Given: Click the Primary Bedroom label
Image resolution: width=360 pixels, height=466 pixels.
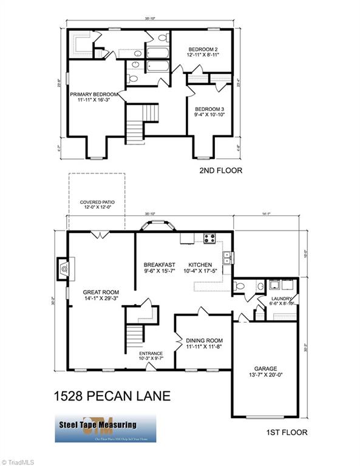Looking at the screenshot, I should click(93, 95).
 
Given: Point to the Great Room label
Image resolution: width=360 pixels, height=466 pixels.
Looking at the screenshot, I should click(101, 292).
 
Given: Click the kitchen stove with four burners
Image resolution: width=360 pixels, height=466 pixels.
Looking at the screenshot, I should click(209, 238).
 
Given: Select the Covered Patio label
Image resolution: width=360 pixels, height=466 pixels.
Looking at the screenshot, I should click(97, 203).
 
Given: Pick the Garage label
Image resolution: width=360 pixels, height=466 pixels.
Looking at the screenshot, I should click(265, 368).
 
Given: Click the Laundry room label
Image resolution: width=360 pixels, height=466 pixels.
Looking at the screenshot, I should click(282, 298).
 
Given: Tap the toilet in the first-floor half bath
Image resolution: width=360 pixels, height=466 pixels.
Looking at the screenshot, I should click(240, 285).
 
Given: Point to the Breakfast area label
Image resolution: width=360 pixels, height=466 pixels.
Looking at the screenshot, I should click(159, 265).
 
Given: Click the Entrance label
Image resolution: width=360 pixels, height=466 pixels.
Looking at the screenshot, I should click(151, 353).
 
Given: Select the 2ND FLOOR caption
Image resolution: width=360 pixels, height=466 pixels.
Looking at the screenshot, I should click(220, 171).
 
